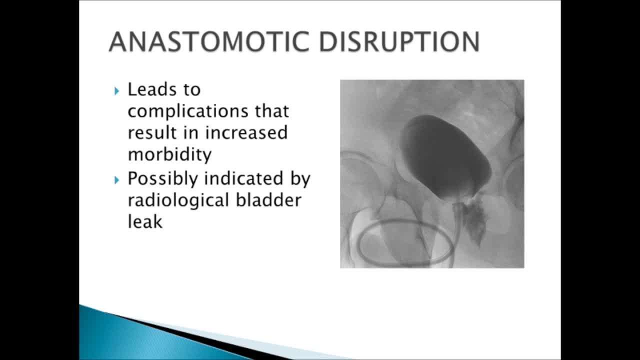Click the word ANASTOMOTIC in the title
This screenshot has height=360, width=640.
coord(210,42)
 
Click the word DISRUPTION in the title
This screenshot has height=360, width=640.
coord(399,42)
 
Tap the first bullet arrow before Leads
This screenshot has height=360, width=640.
coord(117,90)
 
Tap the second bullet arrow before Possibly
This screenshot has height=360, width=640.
coord(117,179)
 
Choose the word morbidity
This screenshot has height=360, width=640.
coord(169,154)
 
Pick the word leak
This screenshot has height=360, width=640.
coord(145,221)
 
